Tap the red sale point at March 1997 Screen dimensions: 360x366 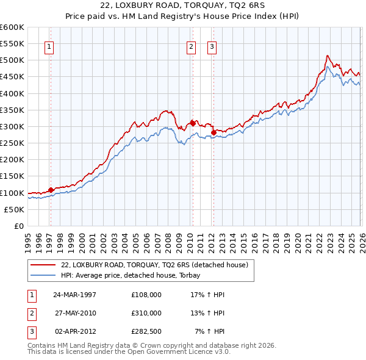(x=51, y=190)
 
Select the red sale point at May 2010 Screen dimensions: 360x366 (x=193, y=123)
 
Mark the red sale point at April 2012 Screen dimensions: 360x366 (x=213, y=132)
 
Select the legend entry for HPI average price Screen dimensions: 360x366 (x=135, y=276)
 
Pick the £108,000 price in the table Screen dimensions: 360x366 (x=146, y=294)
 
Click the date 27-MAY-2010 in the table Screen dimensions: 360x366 (x=75, y=313)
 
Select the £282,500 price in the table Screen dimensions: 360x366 (x=146, y=331)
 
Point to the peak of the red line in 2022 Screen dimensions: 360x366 (x=327, y=56)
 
